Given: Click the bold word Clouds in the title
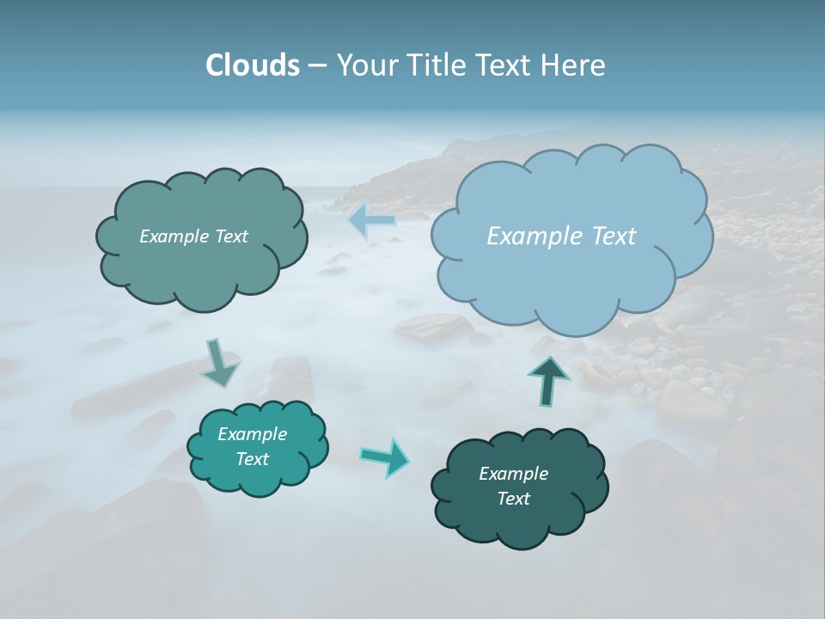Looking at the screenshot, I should point(253,65).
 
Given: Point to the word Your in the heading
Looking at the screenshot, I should point(367,65).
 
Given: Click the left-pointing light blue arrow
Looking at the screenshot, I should point(372,221).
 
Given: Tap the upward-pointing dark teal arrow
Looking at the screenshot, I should point(549,381).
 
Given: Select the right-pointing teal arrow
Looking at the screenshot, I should point(386,457).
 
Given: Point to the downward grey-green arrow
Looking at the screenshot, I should point(219,364).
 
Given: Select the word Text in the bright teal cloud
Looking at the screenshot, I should point(252,459).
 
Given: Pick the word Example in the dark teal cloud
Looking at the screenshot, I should point(513,474).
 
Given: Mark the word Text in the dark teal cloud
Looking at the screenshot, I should point(513,499).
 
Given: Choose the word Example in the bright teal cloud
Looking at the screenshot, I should point(252,434).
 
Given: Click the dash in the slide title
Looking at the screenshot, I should point(316,66).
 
